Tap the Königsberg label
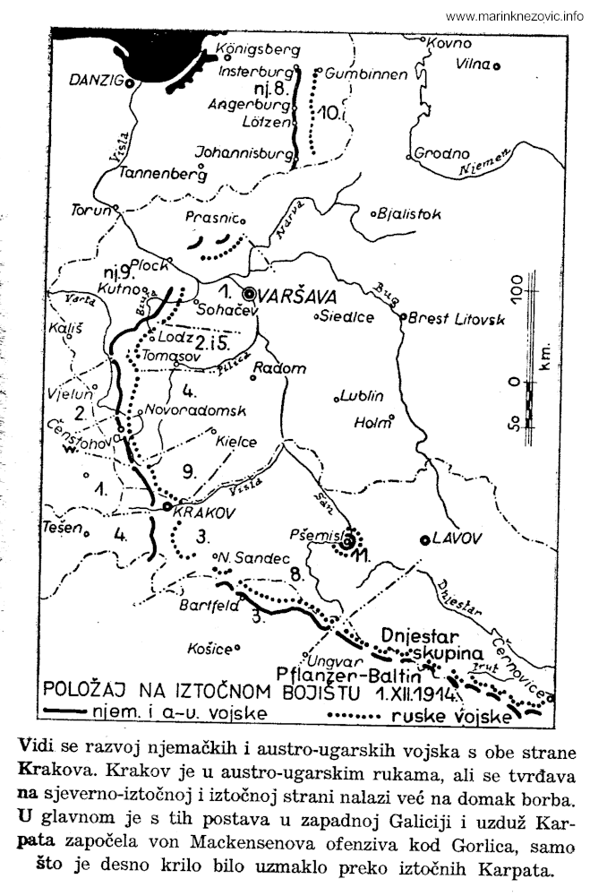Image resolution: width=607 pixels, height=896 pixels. click(x=254, y=49)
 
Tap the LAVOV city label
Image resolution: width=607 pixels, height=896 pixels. click(x=457, y=538)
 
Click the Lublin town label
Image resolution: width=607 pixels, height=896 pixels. click(x=363, y=395)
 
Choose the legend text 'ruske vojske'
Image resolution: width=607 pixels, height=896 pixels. click(x=453, y=716)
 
